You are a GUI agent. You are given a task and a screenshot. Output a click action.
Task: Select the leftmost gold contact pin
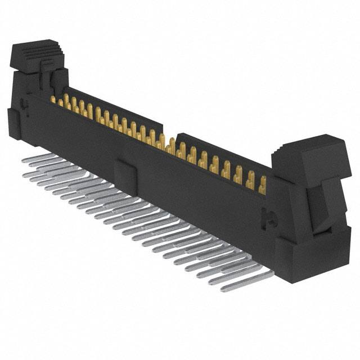(x=53, y=100)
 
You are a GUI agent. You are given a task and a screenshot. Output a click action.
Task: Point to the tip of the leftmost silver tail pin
(x=24, y=160)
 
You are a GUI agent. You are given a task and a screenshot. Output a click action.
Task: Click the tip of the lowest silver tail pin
(x=224, y=290)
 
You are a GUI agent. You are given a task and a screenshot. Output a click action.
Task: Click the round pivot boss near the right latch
(x=269, y=217)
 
